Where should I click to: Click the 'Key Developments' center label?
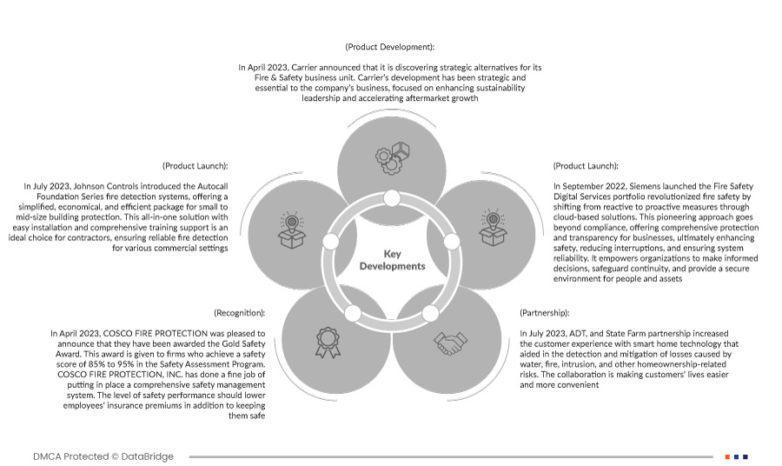tap(392, 260)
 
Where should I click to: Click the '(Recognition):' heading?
tap(240, 311)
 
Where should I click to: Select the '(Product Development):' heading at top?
tap(390, 46)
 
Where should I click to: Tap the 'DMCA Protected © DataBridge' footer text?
tap(103, 456)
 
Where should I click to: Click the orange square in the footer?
tap(726, 456)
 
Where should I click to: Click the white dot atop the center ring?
tap(392, 199)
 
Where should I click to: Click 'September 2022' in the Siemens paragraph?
tap(600, 185)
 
